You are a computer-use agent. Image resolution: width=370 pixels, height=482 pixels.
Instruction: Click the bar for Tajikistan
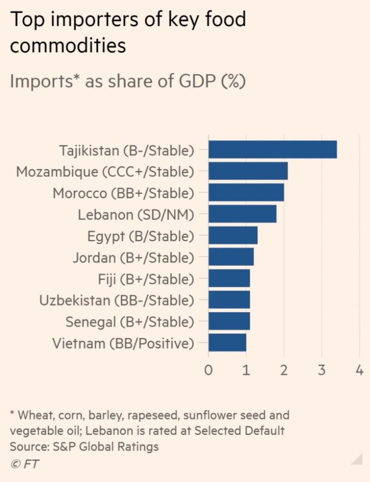(273, 149)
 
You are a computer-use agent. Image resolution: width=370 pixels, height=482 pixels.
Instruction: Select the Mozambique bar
(248, 171)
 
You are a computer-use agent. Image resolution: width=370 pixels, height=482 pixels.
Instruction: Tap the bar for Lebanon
(242, 214)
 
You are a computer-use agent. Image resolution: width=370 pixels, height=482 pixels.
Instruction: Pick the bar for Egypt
(233, 235)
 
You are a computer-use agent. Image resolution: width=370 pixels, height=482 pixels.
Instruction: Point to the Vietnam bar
(227, 343)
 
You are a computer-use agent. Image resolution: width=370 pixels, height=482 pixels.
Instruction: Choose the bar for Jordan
(231, 257)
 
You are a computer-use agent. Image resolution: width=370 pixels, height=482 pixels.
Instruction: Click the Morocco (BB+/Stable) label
(123, 193)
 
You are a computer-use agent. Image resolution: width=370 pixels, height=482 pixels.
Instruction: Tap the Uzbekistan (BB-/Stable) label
(117, 300)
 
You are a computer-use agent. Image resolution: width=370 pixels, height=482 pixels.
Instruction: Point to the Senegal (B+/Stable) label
(130, 322)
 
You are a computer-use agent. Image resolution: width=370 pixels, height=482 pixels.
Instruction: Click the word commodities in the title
(68, 46)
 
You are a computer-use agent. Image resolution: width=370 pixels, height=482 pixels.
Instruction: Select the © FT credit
(24, 464)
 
